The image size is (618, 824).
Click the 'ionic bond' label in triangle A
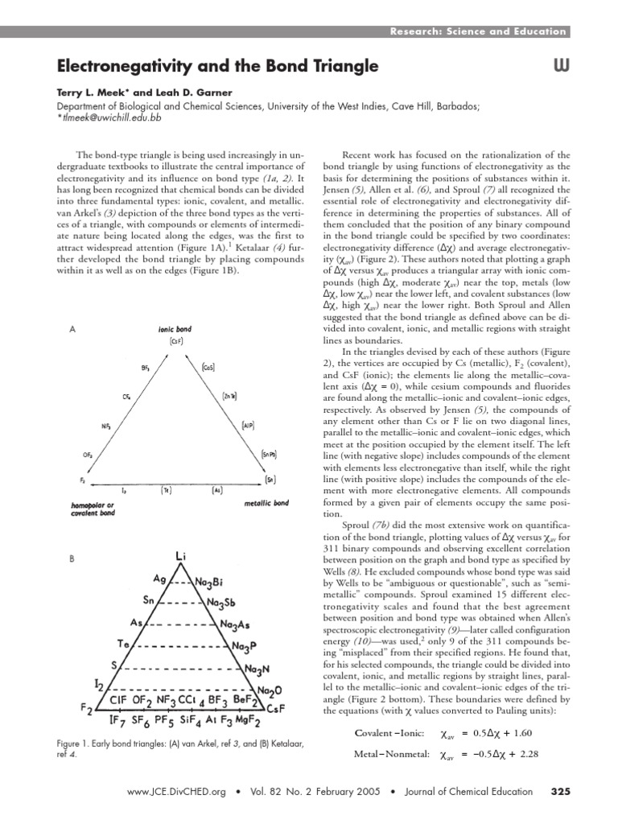pyautogui.click(x=178, y=330)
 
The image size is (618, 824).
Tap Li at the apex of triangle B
pyautogui.click(x=180, y=555)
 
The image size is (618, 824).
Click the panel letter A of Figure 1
pyautogui.click(x=73, y=330)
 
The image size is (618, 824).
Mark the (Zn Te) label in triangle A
pyautogui.click(x=231, y=396)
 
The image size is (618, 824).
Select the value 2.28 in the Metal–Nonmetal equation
pyautogui.click(x=521, y=755)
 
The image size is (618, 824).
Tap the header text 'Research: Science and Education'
pyautogui.click(x=477, y=31)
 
